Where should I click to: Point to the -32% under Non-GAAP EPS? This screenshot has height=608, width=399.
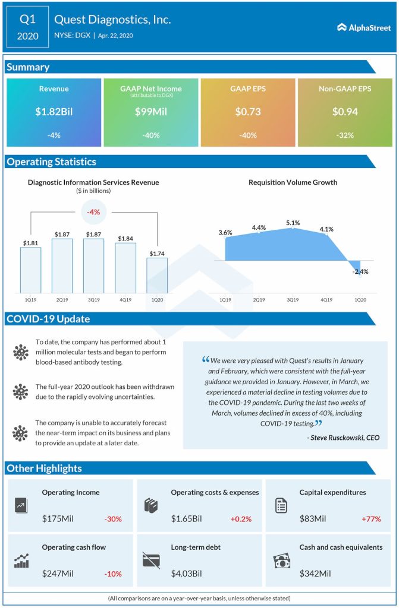point(345,135)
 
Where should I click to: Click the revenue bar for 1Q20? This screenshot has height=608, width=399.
point(157,275)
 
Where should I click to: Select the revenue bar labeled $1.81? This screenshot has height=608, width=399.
point(30,270)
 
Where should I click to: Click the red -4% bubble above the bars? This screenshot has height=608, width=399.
point(94,212)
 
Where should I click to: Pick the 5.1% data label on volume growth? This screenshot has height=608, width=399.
point(293,223)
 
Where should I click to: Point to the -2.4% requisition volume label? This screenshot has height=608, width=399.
point(360,271)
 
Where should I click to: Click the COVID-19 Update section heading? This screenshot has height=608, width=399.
point(48,319)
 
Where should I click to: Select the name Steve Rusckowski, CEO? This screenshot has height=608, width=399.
point(343,438)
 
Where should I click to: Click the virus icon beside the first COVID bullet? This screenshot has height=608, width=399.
point(21,353)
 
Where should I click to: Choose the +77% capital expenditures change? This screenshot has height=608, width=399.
point(371,518)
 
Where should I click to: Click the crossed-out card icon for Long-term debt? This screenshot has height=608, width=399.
point(152,560)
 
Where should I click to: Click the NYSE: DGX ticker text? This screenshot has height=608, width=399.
point(74,36)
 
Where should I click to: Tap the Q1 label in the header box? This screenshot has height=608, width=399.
point(27,19)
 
